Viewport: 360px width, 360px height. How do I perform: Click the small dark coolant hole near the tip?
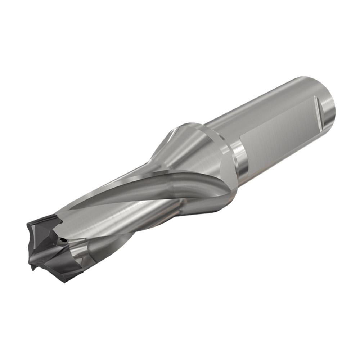click(x=64, y=239)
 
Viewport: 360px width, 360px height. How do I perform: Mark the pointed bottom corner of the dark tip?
click(x=33, y=268)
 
